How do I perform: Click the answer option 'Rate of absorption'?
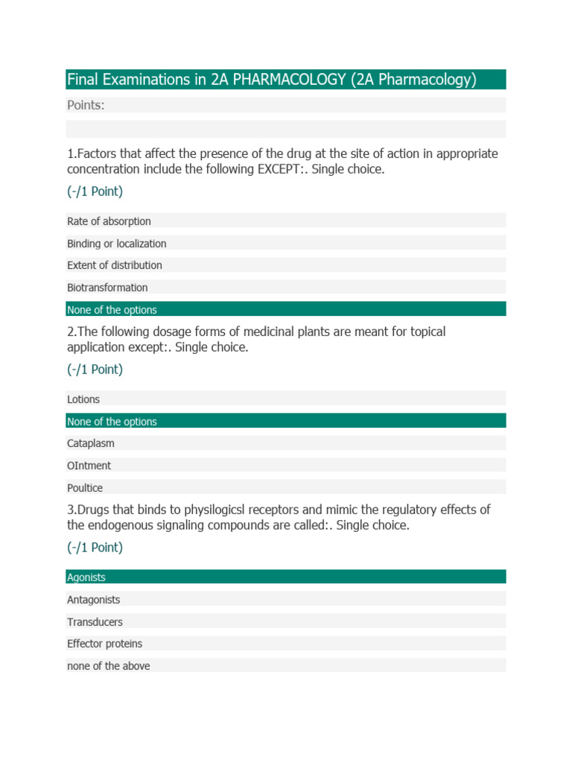[x=109, y=221]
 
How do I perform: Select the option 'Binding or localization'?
[x=117, y=244]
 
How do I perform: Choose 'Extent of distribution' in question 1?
[x=115, y=265]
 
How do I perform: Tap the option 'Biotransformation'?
[x=107, y=288]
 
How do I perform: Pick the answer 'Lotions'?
[x=83, y=399]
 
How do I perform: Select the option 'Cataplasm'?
[x=91, y=443]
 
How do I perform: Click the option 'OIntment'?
[x=89, y=466]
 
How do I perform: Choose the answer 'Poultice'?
[x=85, y=488]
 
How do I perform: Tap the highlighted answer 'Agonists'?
[x=86, y=577]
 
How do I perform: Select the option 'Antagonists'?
[x=94, y=600]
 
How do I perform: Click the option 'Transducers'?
[x=95, y=622]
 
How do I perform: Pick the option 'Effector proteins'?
[x=105, y=644]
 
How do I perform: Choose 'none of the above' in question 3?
[x=109, y=666]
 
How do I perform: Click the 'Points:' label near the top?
[x=86, y=105]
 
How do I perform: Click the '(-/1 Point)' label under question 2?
[x=95, y=370]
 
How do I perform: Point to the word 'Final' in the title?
[x=83, y=80]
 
